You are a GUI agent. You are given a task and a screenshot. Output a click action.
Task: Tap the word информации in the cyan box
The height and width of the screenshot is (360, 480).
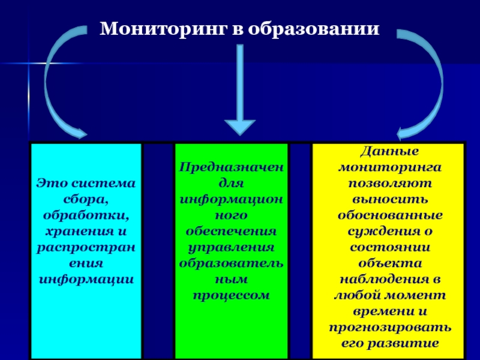tap(86, 279)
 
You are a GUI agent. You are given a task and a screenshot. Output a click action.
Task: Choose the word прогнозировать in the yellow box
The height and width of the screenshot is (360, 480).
tap(388, 327)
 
